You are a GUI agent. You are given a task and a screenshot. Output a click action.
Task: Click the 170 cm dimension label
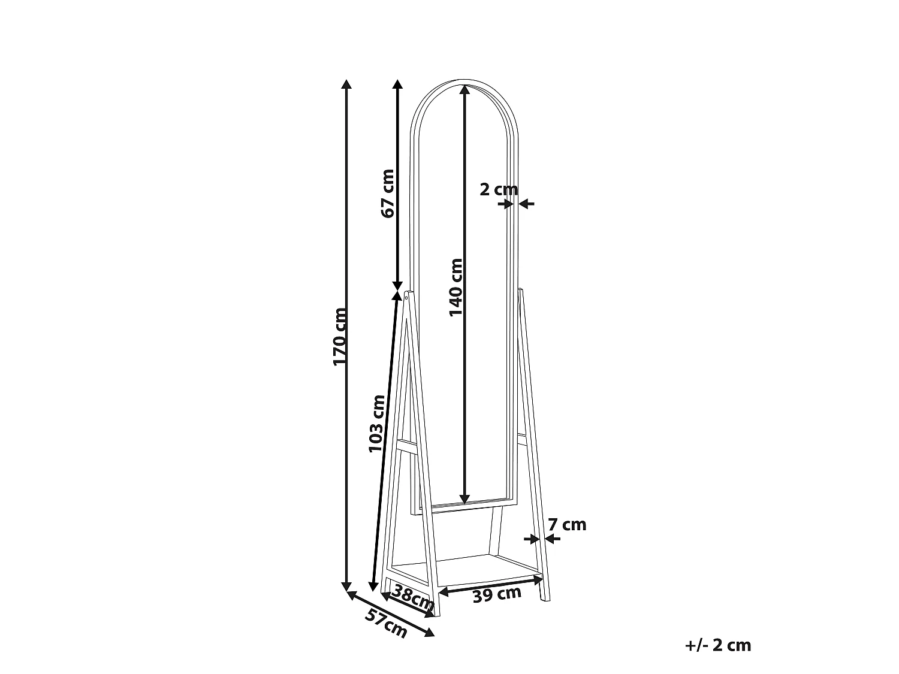pos(340,336)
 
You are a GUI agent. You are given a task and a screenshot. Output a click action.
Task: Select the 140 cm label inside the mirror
pos(456,288)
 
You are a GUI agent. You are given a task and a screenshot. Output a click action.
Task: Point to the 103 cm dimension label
pos(377,424)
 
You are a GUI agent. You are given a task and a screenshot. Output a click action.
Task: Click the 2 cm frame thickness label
pos(499,189)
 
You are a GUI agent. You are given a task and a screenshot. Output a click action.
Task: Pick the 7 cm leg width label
pos(567,524)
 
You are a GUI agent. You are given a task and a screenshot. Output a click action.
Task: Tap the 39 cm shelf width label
pos(497,594)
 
